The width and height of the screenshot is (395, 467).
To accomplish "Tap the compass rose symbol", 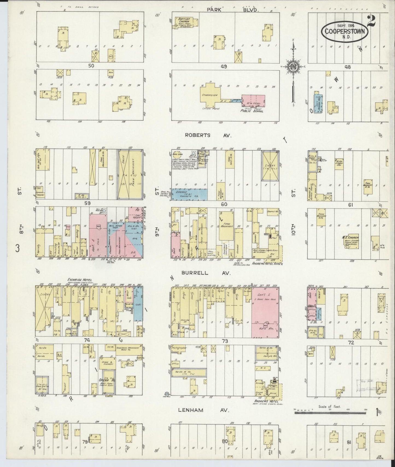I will coord(293,66).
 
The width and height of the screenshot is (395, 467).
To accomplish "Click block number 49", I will coord(224,66).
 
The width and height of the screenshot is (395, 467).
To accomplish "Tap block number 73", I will coord(225,341).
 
